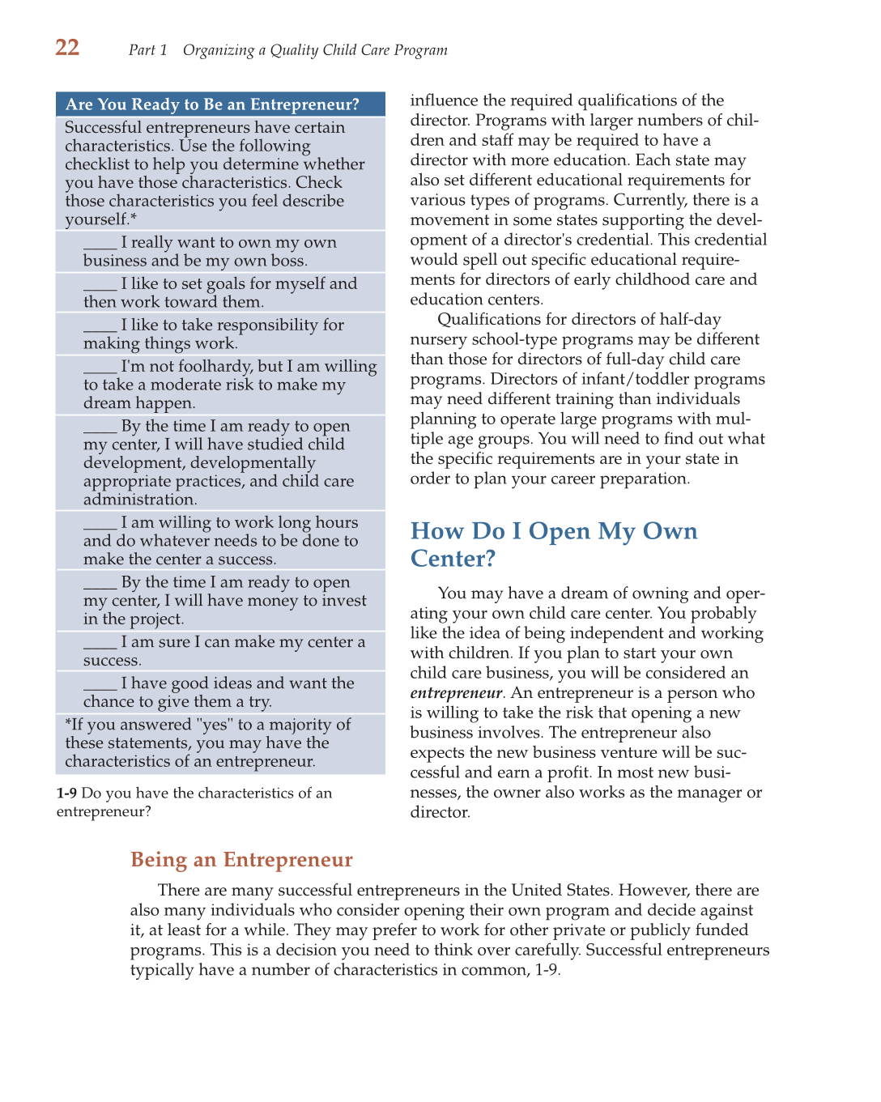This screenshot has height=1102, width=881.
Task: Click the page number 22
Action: (x=67, y=48)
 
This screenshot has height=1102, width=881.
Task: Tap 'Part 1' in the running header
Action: (x=147, y=50)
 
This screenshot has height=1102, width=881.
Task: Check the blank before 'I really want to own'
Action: (x=100, y=244)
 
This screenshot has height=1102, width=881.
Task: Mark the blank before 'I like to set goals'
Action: (x=100, y=285)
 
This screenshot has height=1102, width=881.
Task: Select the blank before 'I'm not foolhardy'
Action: (x=100, y=368)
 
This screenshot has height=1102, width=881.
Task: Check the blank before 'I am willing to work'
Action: (x=100, y=524)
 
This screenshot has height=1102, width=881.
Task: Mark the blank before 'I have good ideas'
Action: (x=100, y=684)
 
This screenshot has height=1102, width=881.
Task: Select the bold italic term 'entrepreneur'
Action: (x=456, y=693)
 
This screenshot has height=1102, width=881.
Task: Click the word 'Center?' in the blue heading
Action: (x=452, y=559)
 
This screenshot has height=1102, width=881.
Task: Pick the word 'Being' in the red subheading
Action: (x=159, y=860)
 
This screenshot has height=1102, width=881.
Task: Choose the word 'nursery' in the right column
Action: (x=437, y=339)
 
